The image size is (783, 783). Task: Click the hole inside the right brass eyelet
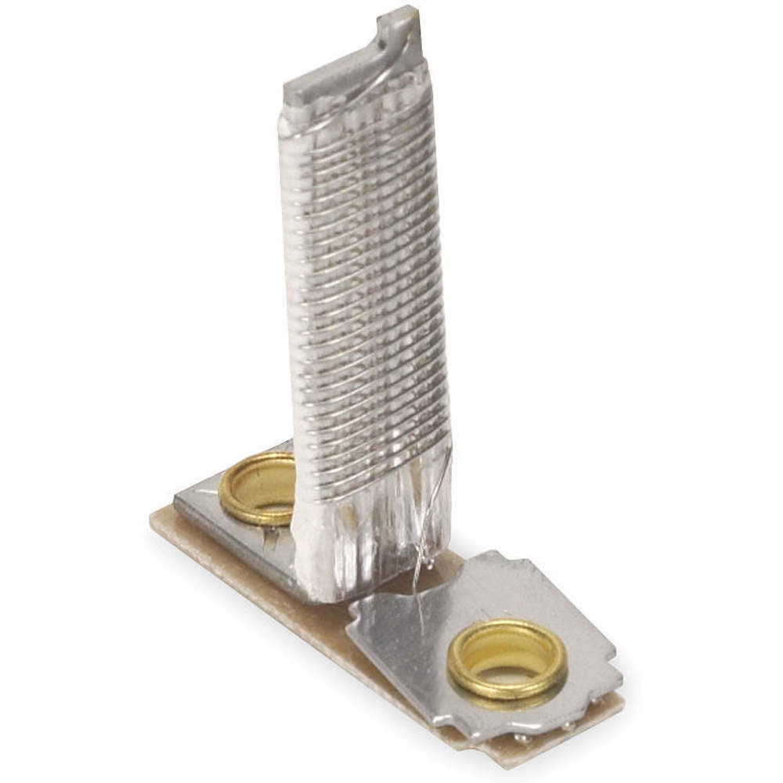click(x=507, y=654)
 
